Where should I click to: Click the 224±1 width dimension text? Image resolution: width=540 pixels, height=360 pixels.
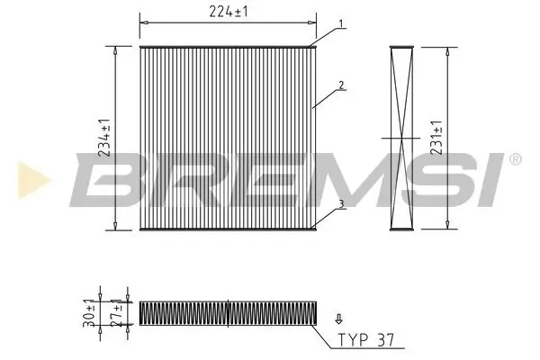pos(229,12)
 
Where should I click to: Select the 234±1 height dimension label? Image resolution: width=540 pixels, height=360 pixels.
pos(106,137)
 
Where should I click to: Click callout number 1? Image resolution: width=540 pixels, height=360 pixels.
pos(342,23)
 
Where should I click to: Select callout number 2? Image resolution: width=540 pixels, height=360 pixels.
pos(342,86)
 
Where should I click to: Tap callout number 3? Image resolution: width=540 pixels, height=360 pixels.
pos(342,205)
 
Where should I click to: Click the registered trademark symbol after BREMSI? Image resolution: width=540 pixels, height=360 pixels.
pos(514,159)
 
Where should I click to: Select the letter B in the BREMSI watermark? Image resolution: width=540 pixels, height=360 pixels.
pos(108,179)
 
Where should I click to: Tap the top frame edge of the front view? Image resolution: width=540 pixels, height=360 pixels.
pos(229,44)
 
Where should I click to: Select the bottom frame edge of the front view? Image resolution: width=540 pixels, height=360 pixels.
pos(229,229)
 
